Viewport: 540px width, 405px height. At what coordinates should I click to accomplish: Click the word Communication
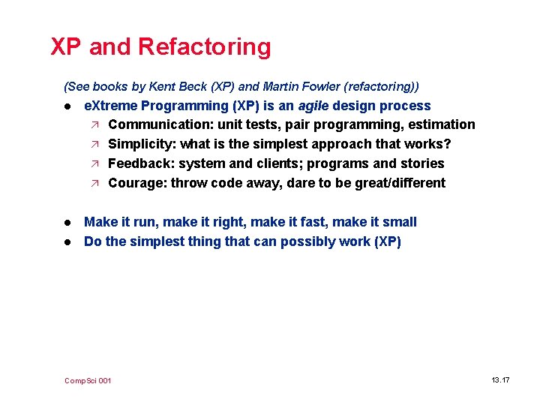[158, 124]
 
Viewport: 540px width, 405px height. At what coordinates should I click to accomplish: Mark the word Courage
[137, 183]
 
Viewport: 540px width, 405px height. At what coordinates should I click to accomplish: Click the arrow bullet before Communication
[94, 124]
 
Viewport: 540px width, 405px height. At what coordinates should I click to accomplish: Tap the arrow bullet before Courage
[94, 183]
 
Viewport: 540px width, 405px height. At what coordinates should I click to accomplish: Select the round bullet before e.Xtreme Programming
[67, 106]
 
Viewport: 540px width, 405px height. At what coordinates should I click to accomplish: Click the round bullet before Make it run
[67, 223]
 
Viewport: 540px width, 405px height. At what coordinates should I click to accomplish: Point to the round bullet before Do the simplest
[67, 242]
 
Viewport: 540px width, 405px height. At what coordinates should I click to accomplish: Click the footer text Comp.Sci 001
[88, 381]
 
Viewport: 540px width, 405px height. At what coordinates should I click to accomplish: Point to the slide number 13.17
[500, 380]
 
